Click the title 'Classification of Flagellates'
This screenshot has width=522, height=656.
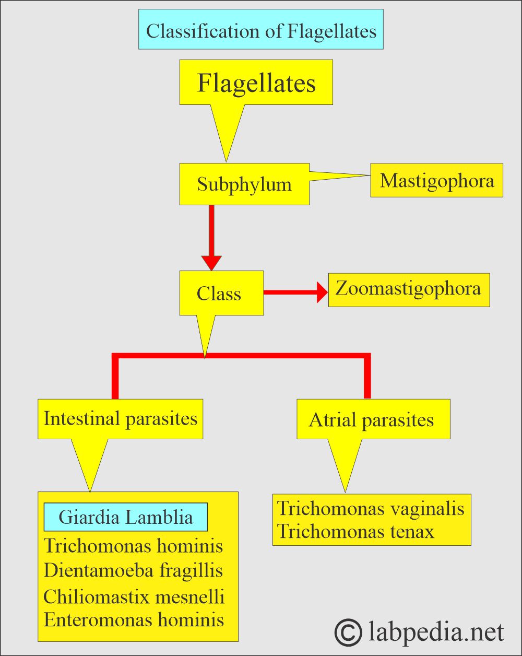[261, 30]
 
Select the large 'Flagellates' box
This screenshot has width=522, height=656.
[256, 83]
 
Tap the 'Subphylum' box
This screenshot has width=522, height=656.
[244, 184]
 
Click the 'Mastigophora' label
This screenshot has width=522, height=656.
[436, 180]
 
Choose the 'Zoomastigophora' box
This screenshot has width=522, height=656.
[409, 289]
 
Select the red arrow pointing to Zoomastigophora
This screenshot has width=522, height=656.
[295, 292]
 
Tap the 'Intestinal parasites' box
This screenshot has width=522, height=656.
[120, 419]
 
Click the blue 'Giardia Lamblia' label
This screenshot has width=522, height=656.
[126, 517]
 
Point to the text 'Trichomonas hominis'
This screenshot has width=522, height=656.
[134, 546]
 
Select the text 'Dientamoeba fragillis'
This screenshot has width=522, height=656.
[134, 570]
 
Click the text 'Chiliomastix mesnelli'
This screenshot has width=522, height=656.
[134, 596]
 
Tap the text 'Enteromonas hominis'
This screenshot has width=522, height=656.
[134, 620]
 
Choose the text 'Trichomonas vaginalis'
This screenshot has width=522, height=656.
[371, 508]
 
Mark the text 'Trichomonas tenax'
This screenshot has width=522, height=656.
[355, 532]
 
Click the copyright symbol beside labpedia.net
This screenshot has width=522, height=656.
[348, 632]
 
